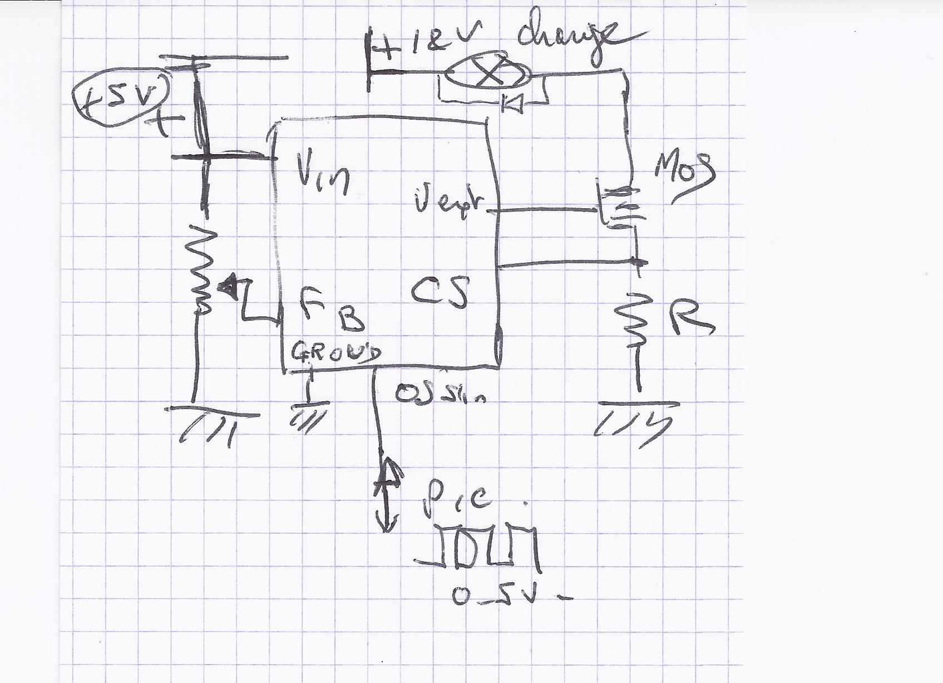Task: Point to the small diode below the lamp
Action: [511, 102]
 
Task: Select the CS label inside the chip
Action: [439, 292]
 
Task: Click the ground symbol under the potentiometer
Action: [211, 423]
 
